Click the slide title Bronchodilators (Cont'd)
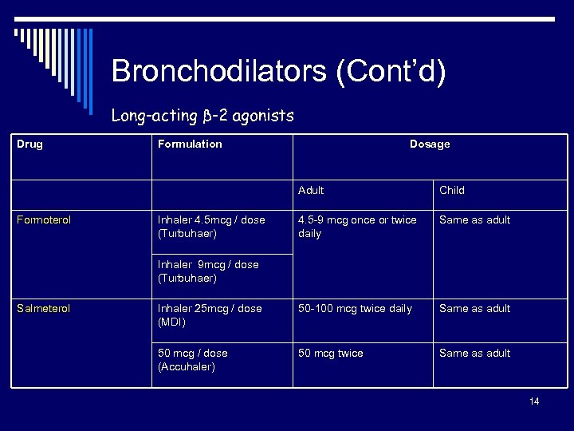(278, 71)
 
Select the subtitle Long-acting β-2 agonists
(202, 116)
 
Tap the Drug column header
(30, 144)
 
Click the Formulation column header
(190, 144)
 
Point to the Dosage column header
(430, 144)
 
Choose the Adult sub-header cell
(311, 190)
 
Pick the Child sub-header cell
(451, 190)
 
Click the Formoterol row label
(44, 220)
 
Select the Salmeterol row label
(44, 309)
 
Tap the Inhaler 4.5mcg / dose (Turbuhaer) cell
(211, 227)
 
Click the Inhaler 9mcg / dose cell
(208, 271)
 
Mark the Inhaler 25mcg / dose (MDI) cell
(210, 315)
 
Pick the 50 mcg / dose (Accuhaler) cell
(192, 360)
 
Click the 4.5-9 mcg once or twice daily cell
(357, 227)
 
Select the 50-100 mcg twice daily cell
(355, 309)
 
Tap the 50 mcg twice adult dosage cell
(330, 354)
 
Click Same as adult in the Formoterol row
(474, 220)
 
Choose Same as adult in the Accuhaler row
(474, 354)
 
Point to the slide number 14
(534, 401)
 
